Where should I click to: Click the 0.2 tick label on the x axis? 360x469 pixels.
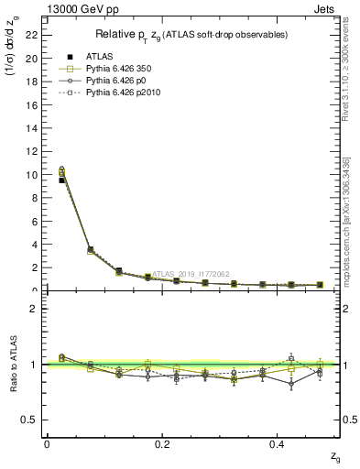[162, 443]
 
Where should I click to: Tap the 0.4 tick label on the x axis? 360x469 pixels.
[278, 443]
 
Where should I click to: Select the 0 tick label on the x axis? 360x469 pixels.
[47, 443]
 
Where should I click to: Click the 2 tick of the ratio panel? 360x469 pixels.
[35, 309]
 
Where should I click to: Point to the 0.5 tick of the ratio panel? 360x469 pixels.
[31, 420]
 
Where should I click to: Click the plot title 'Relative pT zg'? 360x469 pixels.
[193, 35]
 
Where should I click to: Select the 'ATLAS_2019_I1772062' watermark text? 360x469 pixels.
[193, 273]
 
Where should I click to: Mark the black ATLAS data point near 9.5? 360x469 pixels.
[62, 180]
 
